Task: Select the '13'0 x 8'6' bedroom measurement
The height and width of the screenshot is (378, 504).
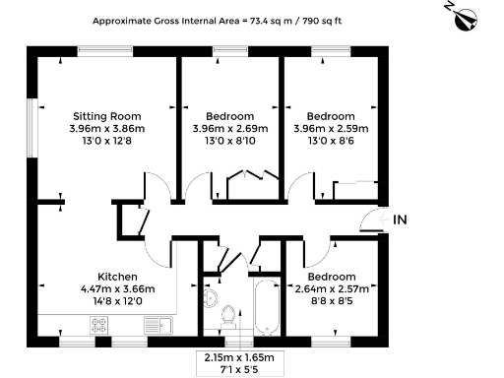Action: pyautogui.click(x=331, y=141)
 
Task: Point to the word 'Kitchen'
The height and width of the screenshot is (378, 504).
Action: pyautogui.click(x=116, y=276)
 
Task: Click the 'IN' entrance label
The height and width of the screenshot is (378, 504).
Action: pyautogui.click(x=400, y=220)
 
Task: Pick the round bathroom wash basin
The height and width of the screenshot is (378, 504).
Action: pyautogui.click(x=208, y=299)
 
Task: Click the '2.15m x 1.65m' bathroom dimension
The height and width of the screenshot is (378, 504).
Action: pyautogui.click(x=238, y=356)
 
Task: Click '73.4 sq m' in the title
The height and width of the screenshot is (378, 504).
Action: pyautogui.click(x=279, y=20)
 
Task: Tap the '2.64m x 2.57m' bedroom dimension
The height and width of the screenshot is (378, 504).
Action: pyautogui.click(x=331, y=288)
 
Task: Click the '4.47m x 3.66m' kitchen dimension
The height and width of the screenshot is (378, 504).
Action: pyautogui.click(x=116, y=288)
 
